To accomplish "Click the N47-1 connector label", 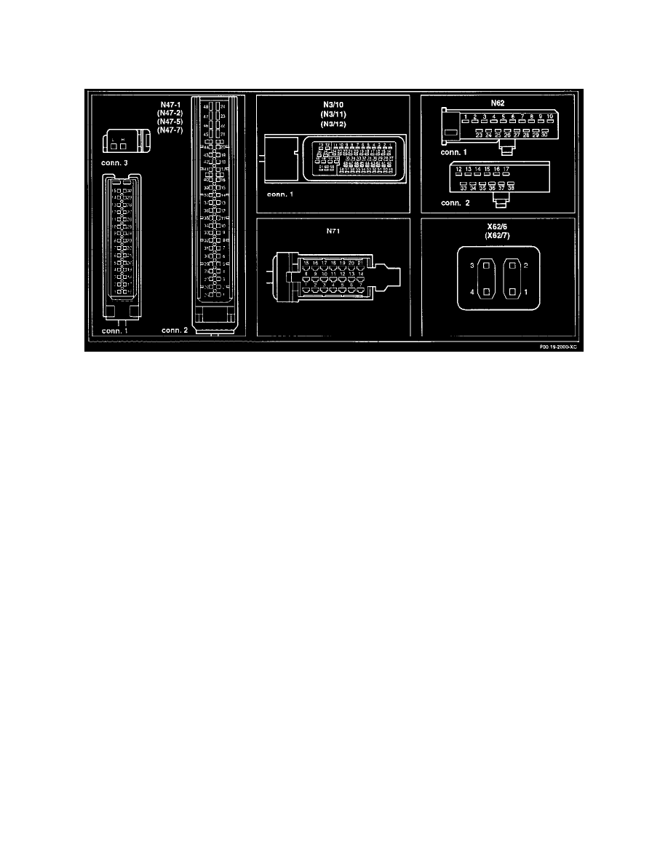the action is [x=170, y=105].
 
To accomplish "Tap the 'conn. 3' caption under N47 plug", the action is [x=116, y=162].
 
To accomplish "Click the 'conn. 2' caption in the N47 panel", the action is [x=175, y=330].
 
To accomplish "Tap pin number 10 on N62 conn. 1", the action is [x=550, y=116].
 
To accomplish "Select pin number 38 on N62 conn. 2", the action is [x=512, y=187].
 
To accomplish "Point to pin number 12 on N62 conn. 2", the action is [x=459, y=169].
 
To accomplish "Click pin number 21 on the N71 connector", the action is [x=361, y=262].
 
